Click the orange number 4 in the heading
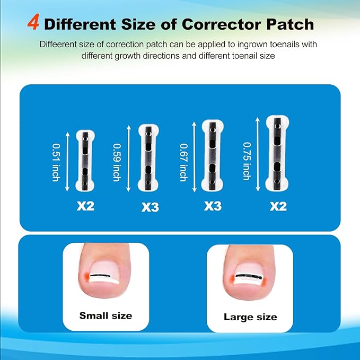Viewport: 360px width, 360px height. [x=32, y=24]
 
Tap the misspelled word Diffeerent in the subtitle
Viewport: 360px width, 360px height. [x=58, y=45]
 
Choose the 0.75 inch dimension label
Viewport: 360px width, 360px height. [x=247, y=160]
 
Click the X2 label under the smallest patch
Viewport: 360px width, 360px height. [x=85, y=205]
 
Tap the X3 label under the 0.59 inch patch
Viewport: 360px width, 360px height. [x=150, y=207]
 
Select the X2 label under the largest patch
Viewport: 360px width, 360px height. [x=277, y=206]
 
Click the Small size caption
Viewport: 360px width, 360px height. [x=106, y=315]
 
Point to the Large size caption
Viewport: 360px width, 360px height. [x=250, y=317]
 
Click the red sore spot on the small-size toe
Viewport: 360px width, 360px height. [x=86, y=276]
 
